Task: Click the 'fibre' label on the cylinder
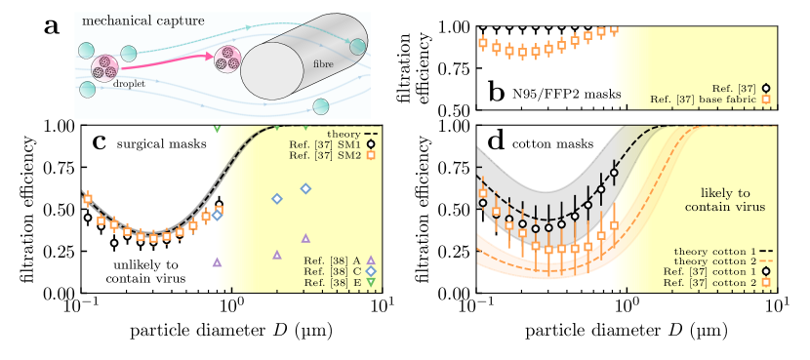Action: point(322,64)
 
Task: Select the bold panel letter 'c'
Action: point(99,142)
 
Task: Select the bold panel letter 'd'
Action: point(496,142)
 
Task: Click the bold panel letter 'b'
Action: point(497,94)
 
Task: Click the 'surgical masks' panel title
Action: point(161,144)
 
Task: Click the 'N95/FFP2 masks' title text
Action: point(567,95)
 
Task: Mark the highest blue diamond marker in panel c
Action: point(305,188)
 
